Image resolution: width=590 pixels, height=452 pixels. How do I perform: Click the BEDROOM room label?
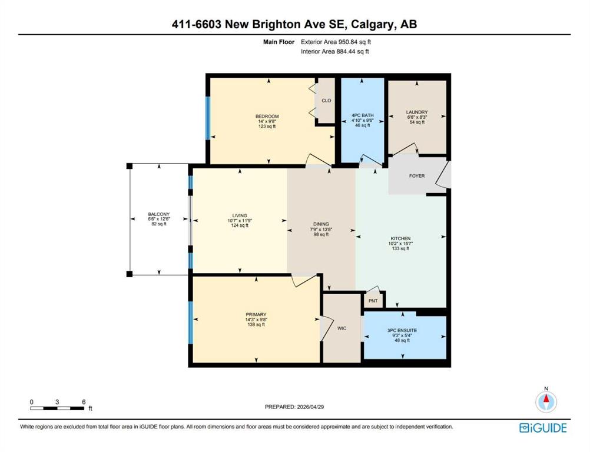pyautogui.click(x=267, y=116)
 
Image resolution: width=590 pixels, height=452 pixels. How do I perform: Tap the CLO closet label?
pyautogui.click(x=326, y=101)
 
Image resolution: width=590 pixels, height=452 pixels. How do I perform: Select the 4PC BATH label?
pyautogui.click(x=362, y=115)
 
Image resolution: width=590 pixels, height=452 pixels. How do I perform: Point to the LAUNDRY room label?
pyautogui.click(x=417, y=112)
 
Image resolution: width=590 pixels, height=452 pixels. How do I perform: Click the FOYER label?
pyautogui.click(x=417, y=175)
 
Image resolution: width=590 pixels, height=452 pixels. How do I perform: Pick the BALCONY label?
pyautogui.click(x=159, y=214)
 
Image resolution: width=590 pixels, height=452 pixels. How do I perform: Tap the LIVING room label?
pyautogui.click(x=240, y=215)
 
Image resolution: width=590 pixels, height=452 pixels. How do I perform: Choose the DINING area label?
pyautogui.click(x=321, y=224)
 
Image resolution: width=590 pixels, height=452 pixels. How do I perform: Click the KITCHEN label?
pyautogui.click(x=400, y=238)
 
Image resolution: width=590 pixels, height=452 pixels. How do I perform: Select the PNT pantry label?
pyautogui.click(x=373, y=301)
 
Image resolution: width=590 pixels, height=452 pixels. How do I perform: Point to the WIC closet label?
pyautogui.click(x=342, y=328)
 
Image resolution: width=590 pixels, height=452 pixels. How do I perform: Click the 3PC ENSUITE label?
pyautogui.click(x=402, y=331)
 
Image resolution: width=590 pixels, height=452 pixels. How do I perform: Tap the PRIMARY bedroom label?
pyautogui.click(x=256, y=314)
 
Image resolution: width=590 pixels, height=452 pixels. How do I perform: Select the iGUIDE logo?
pyautogui.click(x=543, y=428)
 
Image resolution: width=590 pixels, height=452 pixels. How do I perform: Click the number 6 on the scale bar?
pyautogui.click(x=84, y=402)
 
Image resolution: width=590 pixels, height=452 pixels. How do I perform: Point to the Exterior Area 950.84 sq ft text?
pyautogui.click(x=336, y=42)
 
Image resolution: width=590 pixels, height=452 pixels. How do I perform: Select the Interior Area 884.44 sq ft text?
pyautogui.click(x=335, y=52)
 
